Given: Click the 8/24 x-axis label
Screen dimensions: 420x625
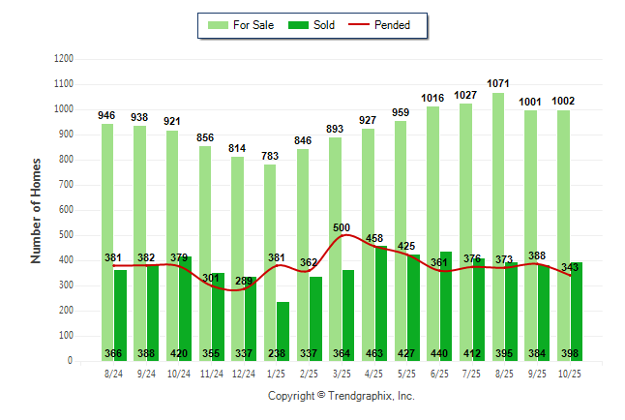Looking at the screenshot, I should coord(113,374).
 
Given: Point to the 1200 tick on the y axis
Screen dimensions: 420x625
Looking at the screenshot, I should coord(65,59).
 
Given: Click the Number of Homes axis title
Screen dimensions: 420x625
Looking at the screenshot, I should coord(37,210).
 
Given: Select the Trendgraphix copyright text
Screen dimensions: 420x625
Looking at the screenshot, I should coord(341,396).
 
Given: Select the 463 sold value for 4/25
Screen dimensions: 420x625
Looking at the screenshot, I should coord(374,353).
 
